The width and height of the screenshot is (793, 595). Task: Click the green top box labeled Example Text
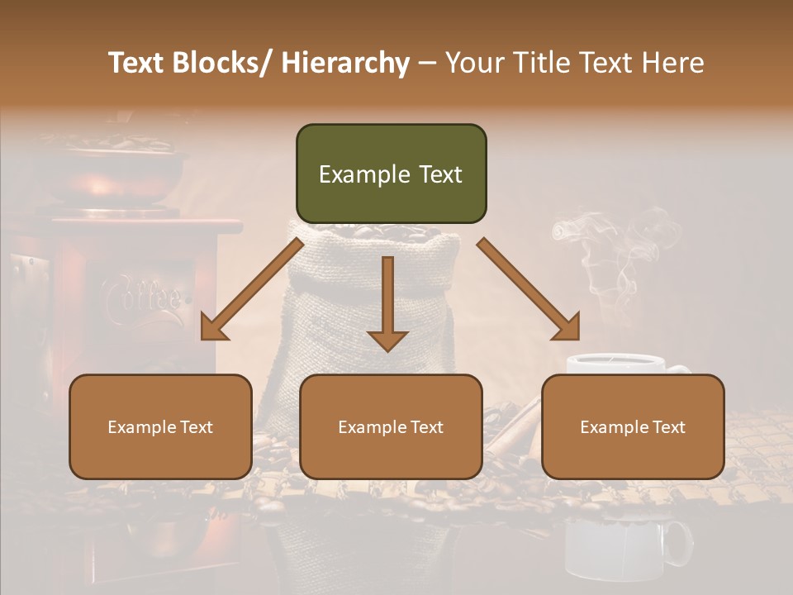point(391,174)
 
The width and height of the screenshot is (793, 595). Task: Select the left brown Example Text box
point(160,426)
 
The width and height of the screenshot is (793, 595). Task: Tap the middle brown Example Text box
point(391,426)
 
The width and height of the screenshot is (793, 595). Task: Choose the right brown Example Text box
point(633,426)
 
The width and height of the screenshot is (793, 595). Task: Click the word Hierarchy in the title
point(345,63)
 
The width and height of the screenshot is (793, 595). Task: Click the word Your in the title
point(472,63)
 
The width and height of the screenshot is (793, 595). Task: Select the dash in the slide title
point(426,63)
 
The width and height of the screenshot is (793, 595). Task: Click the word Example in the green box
point(353,174)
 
